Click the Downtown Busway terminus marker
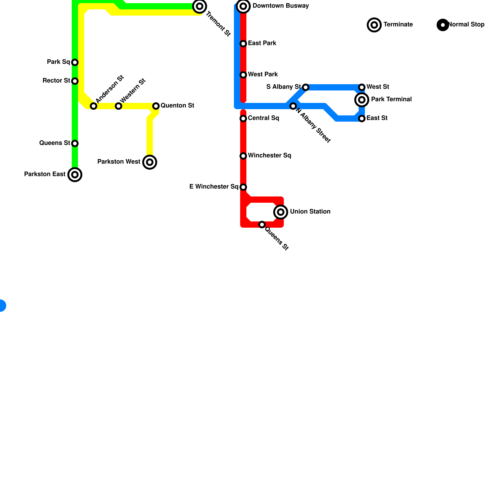pos(243,6)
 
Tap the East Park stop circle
pos(243,44)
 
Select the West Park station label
pos(263,75)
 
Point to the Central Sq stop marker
pos(243,119)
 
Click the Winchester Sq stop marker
pos(243,156)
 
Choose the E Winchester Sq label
pos(214,187)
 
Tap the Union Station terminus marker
pos(281,212)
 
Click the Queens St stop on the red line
pos(262,225)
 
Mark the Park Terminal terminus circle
pos(362,100)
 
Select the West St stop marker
pos(362,87)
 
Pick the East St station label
pos(377,118)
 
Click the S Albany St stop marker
pos(306,87)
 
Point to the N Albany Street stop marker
pos(293,106)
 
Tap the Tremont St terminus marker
pos(200,6)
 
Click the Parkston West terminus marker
pos(150,162)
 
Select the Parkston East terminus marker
pos(75,175)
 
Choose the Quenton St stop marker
pos(156,106)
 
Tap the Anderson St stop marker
pos(94,106)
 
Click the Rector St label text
pos(56,81)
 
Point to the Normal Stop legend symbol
pos(443,25)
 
